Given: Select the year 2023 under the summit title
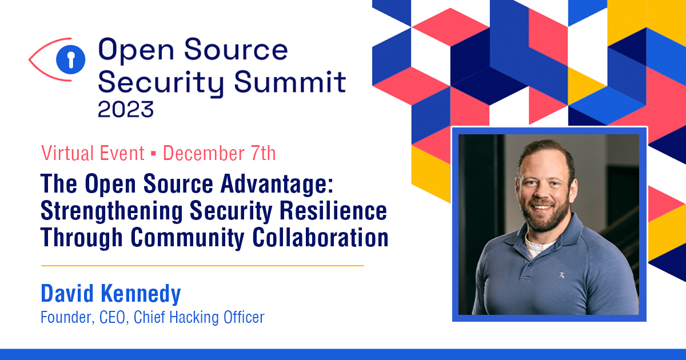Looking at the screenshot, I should (x=126, y=108).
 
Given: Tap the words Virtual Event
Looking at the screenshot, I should (x=93, y=153).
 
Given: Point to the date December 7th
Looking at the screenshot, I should (x=220, y=153).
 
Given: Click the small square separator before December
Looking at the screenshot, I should (x=154, y=154).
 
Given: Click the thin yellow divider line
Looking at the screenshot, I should (x=202, y=266).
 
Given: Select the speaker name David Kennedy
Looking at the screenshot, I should (x=111, y=294).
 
